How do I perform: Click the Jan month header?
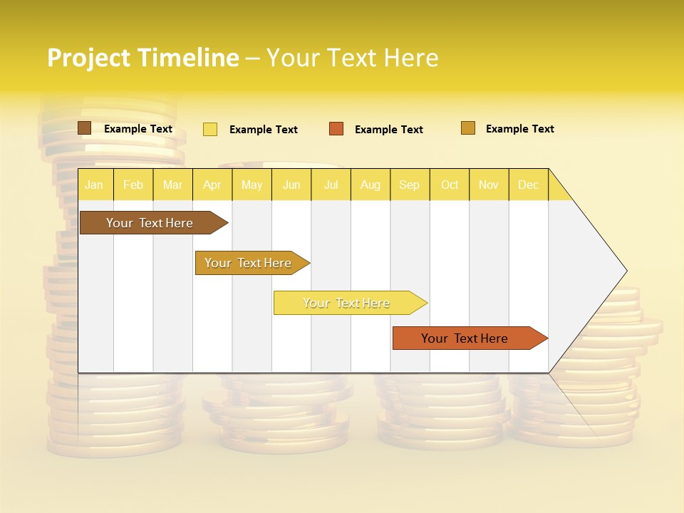94,185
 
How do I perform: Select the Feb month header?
133,185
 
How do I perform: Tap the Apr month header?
212,185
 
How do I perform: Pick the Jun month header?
291,185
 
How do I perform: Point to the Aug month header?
370,185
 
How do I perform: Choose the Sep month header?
410,185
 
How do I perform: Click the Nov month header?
489,185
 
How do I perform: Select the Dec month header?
529,185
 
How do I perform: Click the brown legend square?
85,128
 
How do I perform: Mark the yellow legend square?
210,129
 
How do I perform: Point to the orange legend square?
336,129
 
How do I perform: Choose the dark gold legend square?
468,128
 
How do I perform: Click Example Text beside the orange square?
389,130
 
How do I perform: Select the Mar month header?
172,185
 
